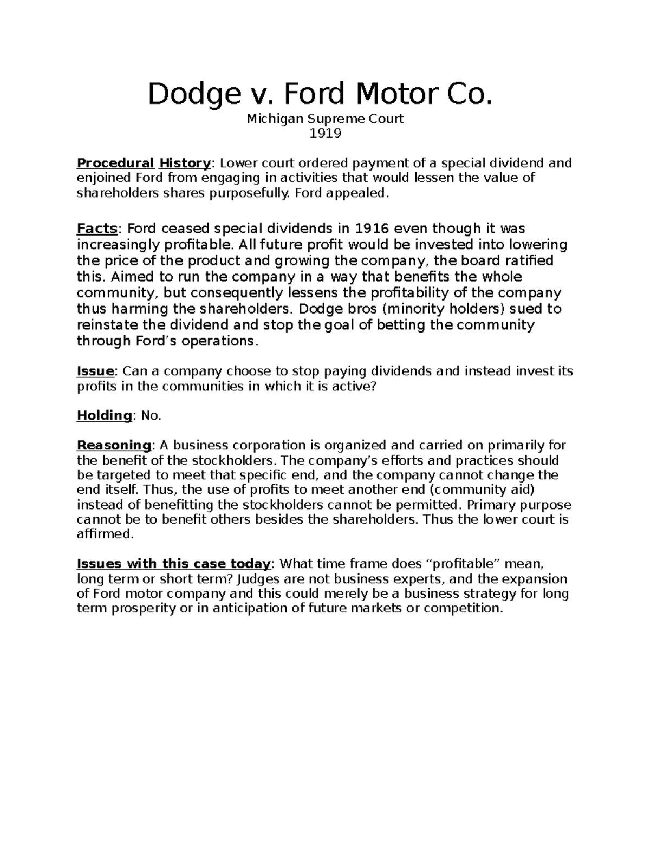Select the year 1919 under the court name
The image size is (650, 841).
[x=325, y=133]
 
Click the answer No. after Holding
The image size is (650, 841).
[x=151, y=415]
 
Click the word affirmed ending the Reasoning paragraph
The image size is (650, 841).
[x=105, y=534]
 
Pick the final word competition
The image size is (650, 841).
[x=463, y=608]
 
